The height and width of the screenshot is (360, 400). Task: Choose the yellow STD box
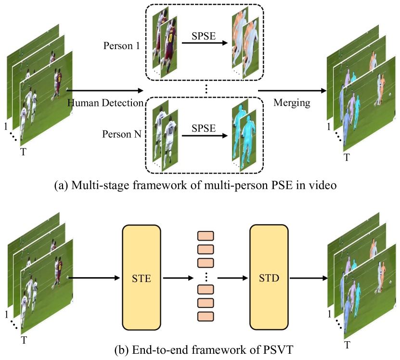[x=268, y=278]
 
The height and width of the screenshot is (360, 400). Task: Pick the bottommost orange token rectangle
[x=206, y=316]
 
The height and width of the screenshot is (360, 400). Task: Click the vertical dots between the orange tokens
[x=206, y=276]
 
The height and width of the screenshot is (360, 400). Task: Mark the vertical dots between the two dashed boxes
[x=206, y=88]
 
